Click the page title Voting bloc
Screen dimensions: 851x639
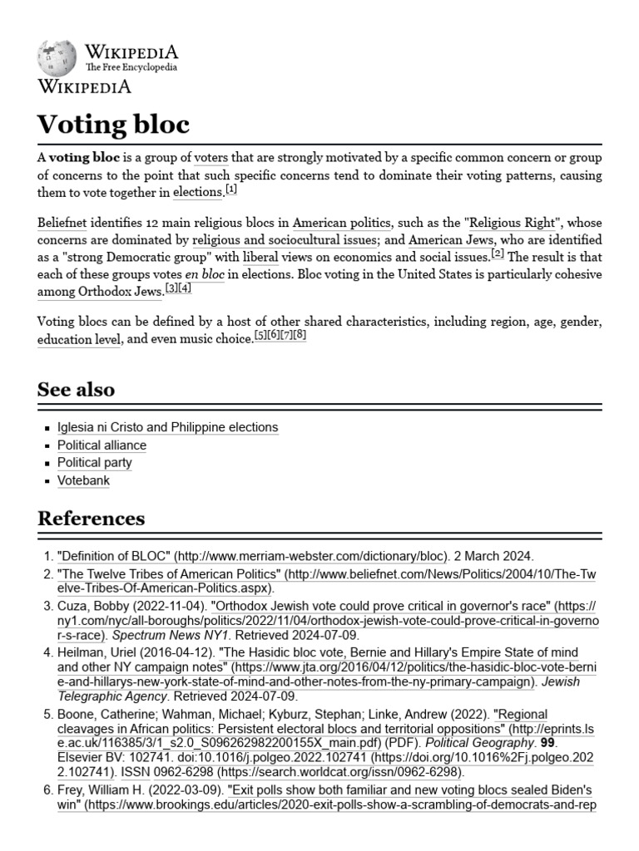113,125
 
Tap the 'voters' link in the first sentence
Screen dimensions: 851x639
210,157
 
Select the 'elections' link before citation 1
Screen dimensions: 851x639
198,194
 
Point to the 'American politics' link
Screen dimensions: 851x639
341,224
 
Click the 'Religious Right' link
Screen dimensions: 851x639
513,224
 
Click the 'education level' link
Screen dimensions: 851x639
79,340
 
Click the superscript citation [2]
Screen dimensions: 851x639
498,253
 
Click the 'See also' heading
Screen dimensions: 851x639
77,390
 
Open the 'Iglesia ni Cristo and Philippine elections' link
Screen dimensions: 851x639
167,427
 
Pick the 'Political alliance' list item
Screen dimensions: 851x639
102,445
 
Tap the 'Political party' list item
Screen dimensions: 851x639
94,463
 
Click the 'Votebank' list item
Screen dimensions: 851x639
83,480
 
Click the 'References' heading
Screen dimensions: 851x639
91,519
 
